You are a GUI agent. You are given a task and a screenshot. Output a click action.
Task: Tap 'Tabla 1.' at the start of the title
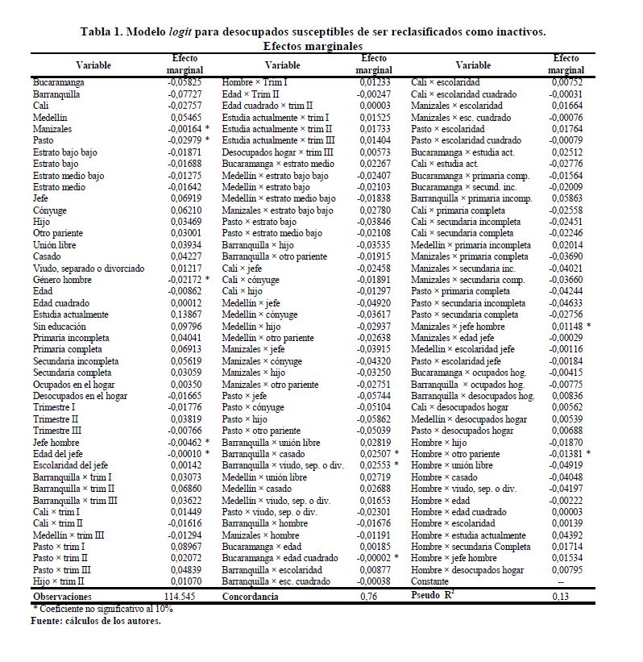pos(103,31)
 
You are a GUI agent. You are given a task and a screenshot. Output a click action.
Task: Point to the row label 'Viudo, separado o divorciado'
pos(89,268)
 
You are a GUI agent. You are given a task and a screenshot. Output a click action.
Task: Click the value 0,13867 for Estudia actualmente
pos(185,314)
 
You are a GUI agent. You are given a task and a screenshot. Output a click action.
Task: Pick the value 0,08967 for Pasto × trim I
pos(185,546)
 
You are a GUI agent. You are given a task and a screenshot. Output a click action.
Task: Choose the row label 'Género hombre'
pos(62,279)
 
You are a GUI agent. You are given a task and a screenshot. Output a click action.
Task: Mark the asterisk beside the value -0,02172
pos(207,279)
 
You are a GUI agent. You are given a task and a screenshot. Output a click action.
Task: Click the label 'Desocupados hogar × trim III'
pos(278,152)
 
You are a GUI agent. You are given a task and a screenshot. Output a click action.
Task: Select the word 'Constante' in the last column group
pos(429,581)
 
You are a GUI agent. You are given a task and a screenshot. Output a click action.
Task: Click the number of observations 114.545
pos(182,597)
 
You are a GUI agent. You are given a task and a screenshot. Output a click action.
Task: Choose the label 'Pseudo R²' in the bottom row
pos(434,596)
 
